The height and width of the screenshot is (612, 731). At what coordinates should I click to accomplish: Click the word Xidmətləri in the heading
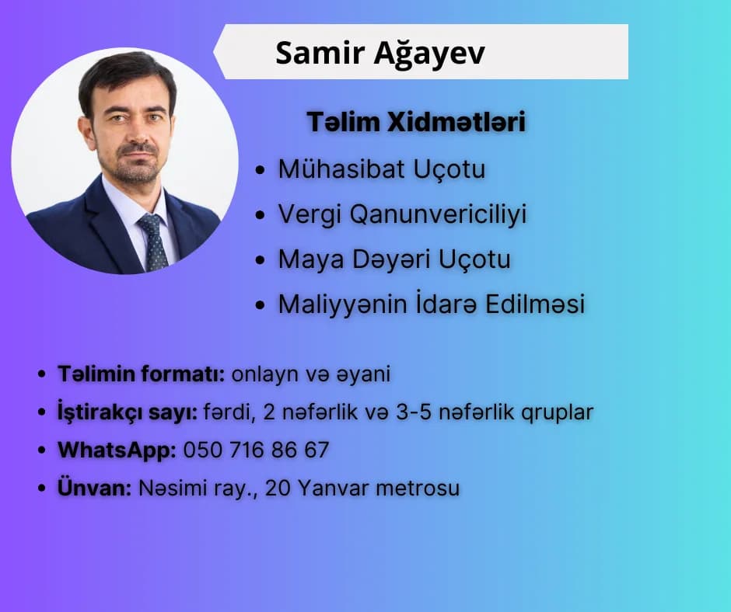pos(456,122)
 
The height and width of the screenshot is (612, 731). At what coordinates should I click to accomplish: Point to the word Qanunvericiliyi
pos(438,215)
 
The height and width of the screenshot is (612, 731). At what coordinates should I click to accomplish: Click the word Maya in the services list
pos(311,260)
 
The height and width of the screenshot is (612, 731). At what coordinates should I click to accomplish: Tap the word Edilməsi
pos(535,304)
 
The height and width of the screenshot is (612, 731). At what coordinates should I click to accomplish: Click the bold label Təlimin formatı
pos(142,374)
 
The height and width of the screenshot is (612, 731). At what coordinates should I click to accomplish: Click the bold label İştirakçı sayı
pos(128,412)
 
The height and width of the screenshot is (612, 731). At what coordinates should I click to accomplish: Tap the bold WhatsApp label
pos(117,450)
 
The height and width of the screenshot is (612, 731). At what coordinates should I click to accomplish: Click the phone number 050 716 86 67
pos(256,450)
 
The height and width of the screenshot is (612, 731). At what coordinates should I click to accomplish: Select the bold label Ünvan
pos(95,488)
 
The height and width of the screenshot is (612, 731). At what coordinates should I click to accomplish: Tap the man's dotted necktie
pos(154,242)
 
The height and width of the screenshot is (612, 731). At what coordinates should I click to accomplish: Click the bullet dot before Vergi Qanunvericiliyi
pos(261,216)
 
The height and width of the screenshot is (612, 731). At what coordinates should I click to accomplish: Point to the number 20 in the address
pos(278,488)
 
